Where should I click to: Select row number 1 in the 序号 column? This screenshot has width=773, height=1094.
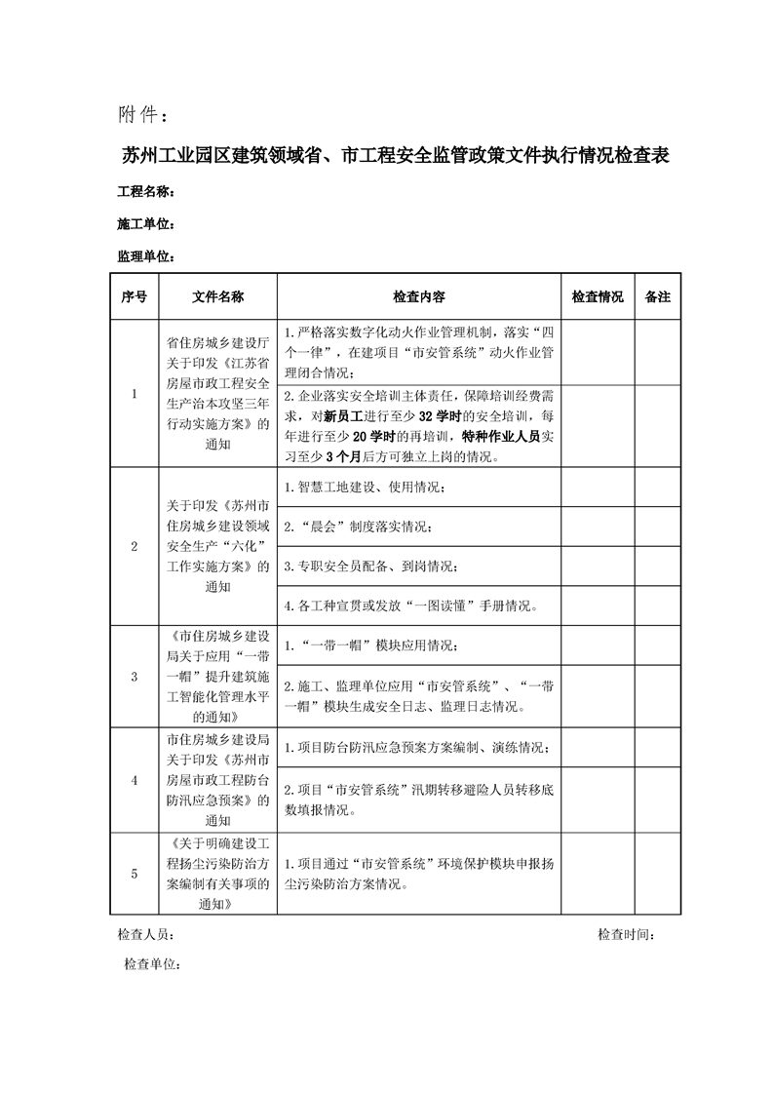[135, 394]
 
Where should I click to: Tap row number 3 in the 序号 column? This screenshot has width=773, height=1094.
[135, 678]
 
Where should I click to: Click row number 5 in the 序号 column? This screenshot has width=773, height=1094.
[135, 874]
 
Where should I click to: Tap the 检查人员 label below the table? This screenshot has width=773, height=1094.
[146, 935]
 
